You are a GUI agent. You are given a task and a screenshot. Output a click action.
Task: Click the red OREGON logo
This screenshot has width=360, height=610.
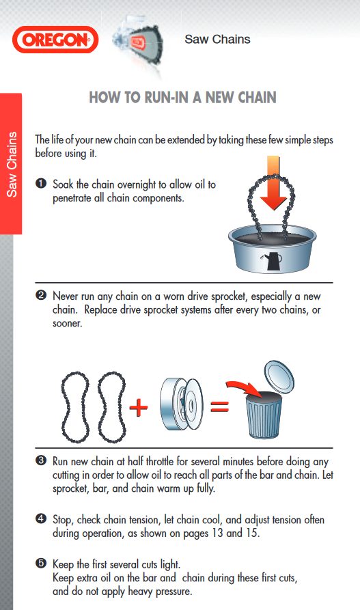(55, 40)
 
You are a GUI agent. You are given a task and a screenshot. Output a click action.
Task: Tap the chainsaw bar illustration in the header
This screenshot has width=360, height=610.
(138, 44)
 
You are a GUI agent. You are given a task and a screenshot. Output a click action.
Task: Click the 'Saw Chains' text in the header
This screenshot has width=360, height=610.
(217, 40)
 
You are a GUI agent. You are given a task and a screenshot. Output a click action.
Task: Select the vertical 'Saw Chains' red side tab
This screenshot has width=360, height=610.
(12, 164)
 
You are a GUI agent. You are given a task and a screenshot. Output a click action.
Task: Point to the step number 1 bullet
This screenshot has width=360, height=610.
(41, 183)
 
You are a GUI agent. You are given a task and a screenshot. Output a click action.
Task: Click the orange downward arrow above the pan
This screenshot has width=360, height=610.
(273, 182)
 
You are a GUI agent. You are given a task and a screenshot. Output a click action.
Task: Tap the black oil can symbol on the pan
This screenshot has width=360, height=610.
(273, 260)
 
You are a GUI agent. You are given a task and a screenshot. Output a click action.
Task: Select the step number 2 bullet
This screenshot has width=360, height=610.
(41, 296)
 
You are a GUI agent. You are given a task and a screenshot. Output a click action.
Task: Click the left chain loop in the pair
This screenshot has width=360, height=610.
(75, 407)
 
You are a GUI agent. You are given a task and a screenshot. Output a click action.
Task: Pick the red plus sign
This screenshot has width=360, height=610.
(139, 408)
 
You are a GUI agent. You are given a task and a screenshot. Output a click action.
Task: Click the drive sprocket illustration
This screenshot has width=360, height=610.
(181, 404)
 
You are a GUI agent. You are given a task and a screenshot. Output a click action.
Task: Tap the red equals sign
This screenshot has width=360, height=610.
(219, 407)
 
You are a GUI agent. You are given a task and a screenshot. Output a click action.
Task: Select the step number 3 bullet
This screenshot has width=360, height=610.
(41, 460)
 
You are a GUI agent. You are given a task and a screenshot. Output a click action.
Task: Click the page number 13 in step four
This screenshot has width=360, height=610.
(217, 533)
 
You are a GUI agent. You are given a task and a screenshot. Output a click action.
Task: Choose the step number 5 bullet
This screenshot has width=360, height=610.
(41, 564)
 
